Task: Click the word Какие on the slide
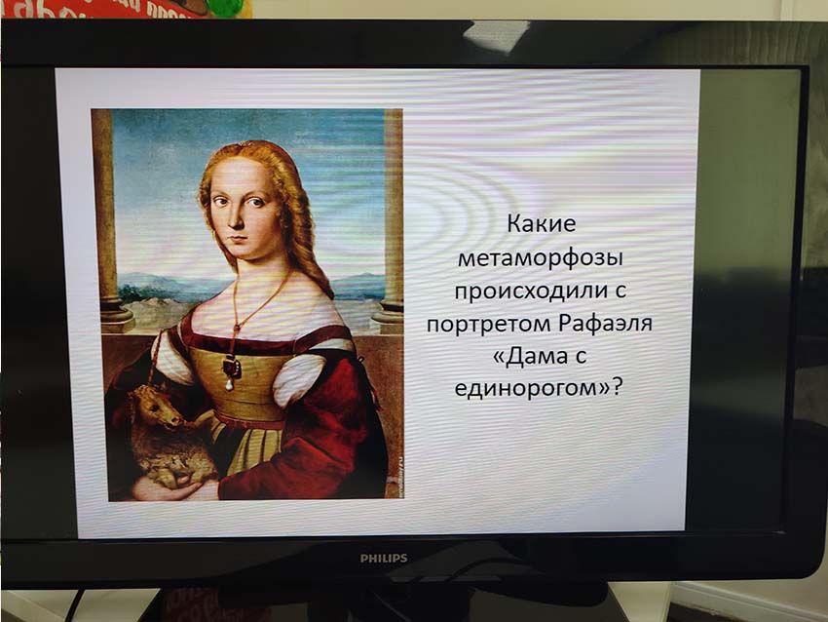(542, 224)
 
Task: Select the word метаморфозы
(541, 259)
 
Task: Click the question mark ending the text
(618, 387)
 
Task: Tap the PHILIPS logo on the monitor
(384, 558)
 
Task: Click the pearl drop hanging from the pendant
(230, 385)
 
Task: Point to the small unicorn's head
(159, 407)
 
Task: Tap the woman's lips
(239, 238)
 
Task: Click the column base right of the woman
(390, 317)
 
